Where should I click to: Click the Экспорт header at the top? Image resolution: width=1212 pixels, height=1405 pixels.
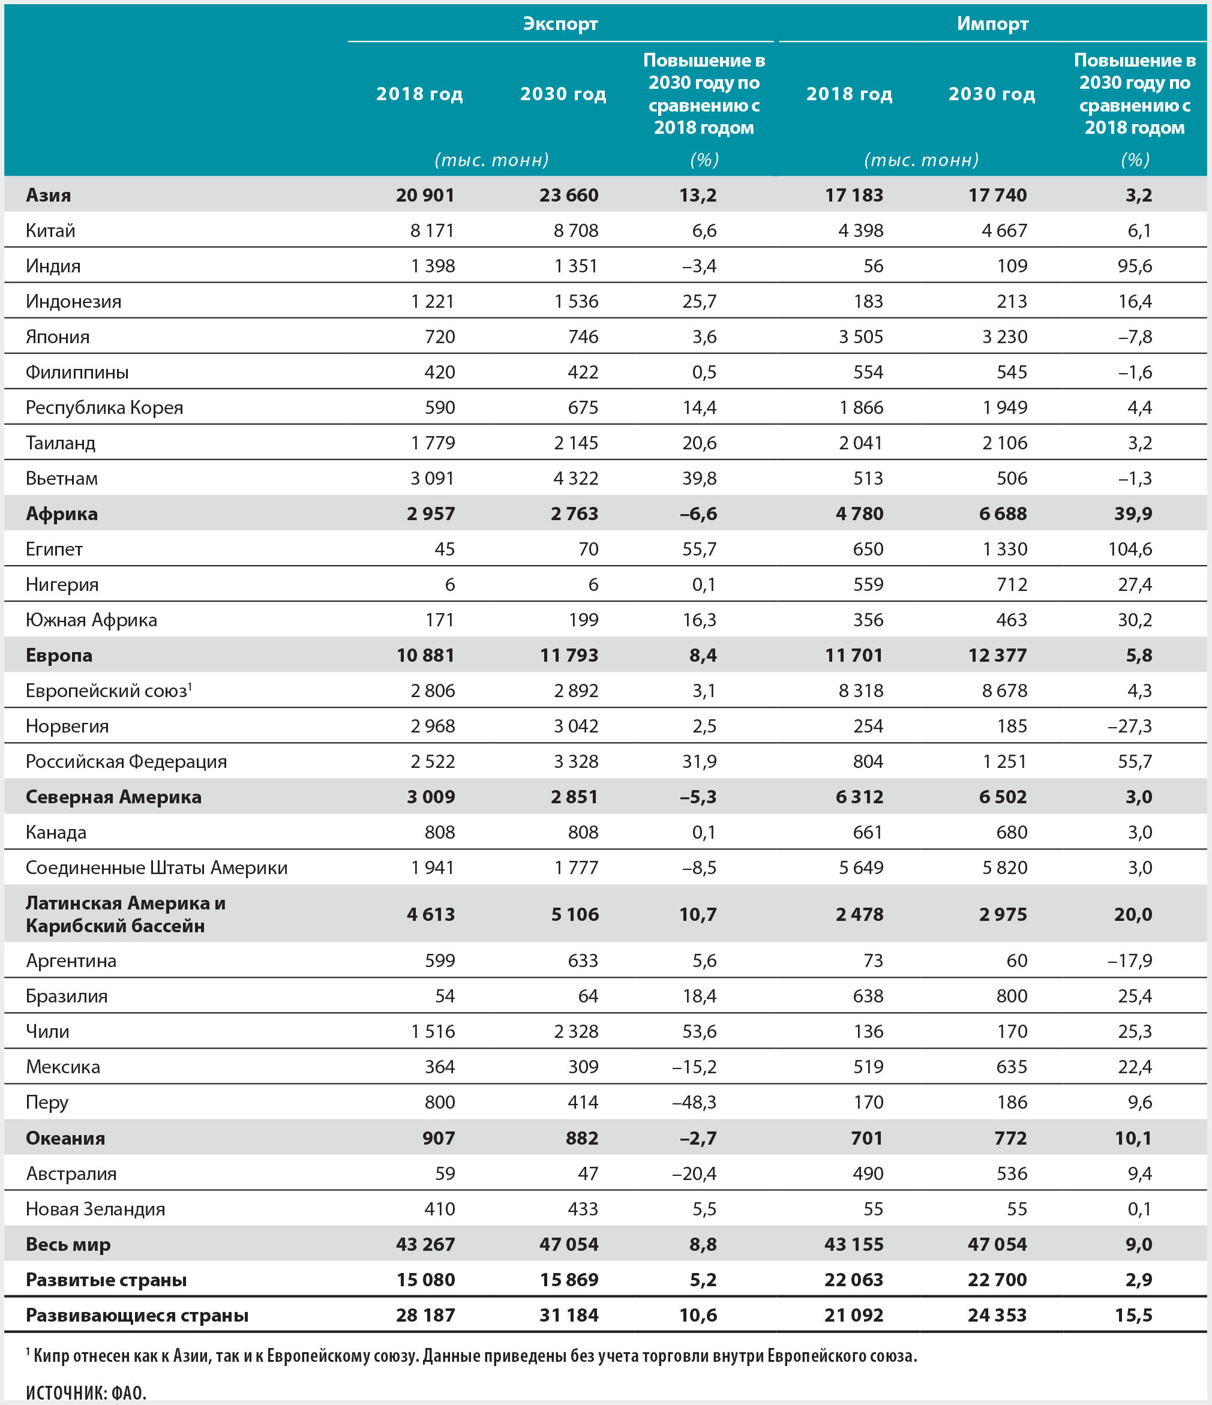click(560, 24)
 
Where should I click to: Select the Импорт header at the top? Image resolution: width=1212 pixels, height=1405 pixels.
click(992, 24)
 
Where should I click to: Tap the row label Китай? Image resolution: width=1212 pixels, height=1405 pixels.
click(50, 230)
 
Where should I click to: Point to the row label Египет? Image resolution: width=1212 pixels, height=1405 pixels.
click(53, 550)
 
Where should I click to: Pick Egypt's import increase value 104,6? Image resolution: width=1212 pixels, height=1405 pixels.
click(1130, 550)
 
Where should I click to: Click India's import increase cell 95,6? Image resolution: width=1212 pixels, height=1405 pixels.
click(1135, 266)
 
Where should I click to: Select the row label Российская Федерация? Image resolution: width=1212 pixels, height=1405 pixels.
click(126, 761)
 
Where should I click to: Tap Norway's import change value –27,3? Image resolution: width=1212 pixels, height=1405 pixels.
click(1129, 726)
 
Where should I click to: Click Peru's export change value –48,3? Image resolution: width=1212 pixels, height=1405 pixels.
click(694, 1103)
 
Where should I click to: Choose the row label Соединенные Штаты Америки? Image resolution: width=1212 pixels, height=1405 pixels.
click(156, 868)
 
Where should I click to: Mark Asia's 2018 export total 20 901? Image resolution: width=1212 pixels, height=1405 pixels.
click(425, 196)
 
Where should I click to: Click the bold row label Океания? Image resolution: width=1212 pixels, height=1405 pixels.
click(65, 1139)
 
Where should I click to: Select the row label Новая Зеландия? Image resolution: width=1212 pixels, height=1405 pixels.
click(95, 1209)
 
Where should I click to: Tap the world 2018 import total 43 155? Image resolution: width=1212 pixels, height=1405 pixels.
click(853, 1245)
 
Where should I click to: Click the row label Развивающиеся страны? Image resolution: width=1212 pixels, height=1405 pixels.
click(136, 1316)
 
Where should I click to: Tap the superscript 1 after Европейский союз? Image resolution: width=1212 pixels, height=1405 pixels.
click(190, 687)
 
